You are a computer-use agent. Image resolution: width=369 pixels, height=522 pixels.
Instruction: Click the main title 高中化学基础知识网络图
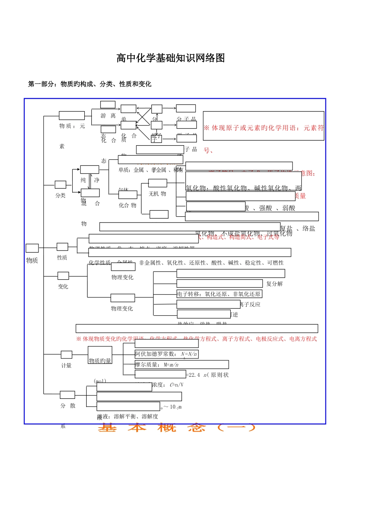[x=171, y=58]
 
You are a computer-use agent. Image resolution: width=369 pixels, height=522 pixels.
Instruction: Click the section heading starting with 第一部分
[x=90, y=84]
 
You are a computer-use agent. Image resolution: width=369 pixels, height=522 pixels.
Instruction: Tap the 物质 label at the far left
[x=32, y=260]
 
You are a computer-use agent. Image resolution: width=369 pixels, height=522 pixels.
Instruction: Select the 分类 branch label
[x=60, y=195]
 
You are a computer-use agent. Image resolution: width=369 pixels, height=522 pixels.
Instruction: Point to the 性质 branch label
[x=62, y=258]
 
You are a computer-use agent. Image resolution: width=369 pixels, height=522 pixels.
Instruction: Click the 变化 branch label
[x=63, y=287]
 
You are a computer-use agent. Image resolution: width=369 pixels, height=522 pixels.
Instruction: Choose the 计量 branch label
[x=66, y=365]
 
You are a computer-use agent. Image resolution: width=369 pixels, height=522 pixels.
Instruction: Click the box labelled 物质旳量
[x=100, y=360]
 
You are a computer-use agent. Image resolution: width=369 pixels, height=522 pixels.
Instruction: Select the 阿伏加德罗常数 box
[x=166, y=354]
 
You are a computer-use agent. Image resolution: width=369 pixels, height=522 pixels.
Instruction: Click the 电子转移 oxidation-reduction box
[x=219, y=294]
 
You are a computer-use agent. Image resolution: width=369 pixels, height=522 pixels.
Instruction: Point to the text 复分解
[x=274, y=284]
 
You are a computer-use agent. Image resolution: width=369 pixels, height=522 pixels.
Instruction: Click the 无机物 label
[x=157, y=193]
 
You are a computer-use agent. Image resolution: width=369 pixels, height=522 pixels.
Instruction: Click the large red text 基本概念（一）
[x=177, y=428]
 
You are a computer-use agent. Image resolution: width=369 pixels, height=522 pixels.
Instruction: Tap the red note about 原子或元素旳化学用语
[x=264, y=128]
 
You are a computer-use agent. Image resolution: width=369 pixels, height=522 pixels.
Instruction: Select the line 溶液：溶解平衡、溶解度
[x=128, y=416]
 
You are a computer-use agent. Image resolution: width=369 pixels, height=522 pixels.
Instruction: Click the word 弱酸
[x=289, y=208]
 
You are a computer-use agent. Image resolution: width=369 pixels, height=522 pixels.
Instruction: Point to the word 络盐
[x=309, y=228]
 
